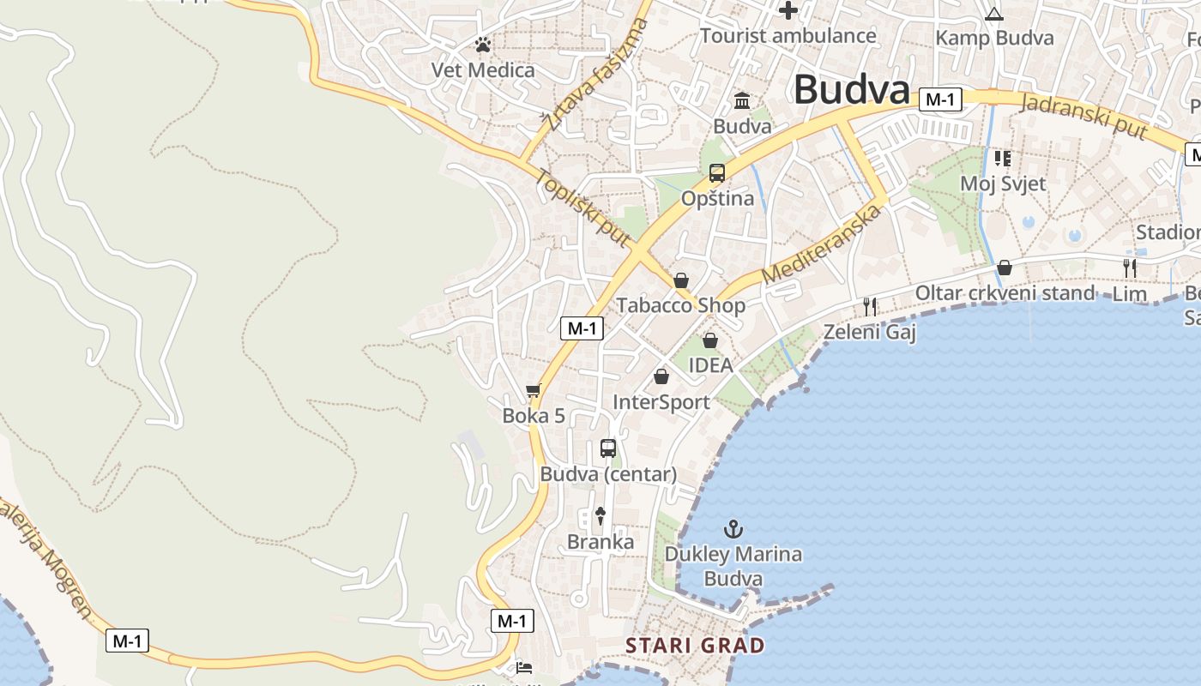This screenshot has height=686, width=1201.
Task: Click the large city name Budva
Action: (852, 89)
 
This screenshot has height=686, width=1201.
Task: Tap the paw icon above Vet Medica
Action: (483, 45)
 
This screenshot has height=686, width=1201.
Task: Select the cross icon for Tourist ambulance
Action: (788, 10)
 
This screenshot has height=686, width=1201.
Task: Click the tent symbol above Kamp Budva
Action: (994, 14)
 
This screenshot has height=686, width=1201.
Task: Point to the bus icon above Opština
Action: (717, 173)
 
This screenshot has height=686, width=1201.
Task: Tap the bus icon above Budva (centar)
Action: (608, 448)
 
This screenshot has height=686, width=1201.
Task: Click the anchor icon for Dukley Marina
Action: (733, 529)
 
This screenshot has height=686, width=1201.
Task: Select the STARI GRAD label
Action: (695, 645)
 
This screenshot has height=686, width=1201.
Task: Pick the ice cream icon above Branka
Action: (600, 516)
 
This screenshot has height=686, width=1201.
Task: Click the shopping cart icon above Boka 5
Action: (534, 391)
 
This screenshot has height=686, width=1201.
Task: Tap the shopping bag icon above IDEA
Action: (710, 340)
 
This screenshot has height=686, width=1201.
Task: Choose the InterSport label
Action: (661, 402)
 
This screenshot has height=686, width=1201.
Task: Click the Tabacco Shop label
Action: (681, 305)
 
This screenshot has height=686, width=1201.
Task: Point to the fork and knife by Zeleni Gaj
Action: (870, 306)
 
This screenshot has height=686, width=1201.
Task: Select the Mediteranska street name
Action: (822, 245)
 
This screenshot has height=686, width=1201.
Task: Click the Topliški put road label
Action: (583, 208)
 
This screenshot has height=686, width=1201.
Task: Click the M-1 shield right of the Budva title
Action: (940, 99)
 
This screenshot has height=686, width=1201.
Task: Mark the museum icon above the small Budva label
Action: (742, 101)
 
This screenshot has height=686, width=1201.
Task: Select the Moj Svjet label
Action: (1003, 184)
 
